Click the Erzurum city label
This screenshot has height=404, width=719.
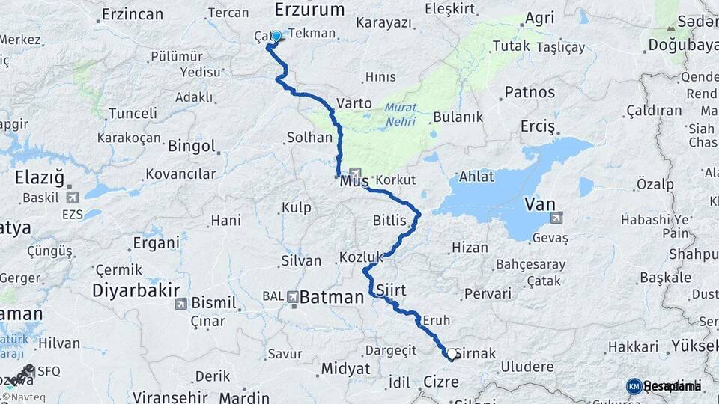tap(309, 10)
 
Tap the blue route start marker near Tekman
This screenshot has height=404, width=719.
tap(276, 36)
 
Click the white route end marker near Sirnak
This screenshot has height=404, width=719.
tap(452, 354)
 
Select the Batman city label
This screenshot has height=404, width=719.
tap(331, 297)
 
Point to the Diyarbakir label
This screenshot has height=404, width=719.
tap(136, 290)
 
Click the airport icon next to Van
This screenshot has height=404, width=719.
tap(556, 218)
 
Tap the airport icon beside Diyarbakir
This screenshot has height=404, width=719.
tap(180, 304)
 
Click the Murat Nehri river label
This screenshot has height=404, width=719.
tap(401, 113)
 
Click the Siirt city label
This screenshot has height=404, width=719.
tap(391, 289)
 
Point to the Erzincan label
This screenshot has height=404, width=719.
tap(133, 14)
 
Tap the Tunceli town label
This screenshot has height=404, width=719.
tap(133, 114)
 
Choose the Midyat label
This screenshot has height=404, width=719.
tap(345, 368)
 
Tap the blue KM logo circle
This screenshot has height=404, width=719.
tap(634, 386)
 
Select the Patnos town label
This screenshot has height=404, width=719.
tap(530, 93)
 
